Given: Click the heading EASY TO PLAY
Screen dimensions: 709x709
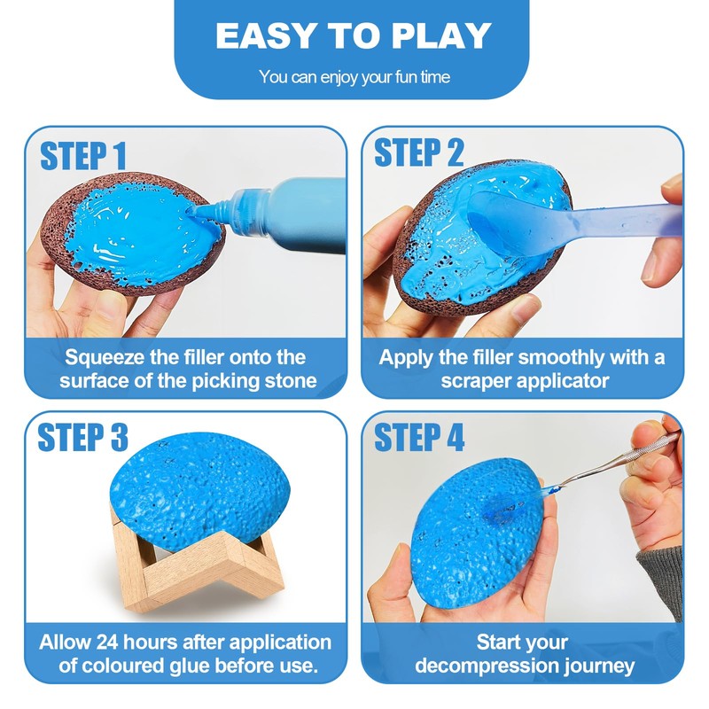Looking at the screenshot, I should pos(353,36).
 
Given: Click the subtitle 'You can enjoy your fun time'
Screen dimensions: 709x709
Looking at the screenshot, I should pos(354,77).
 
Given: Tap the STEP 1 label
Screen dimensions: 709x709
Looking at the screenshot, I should pos(83,155).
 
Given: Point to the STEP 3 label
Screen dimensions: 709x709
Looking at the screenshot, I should pos(83,437).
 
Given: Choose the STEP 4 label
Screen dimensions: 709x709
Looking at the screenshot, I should pos(419,437).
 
